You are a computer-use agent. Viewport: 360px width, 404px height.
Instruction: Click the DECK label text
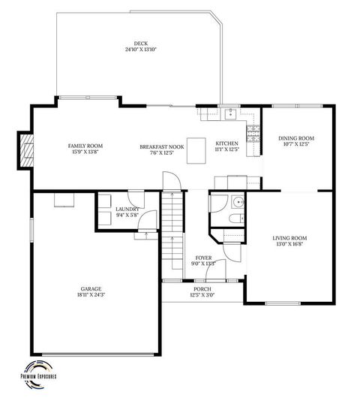click(140, 44)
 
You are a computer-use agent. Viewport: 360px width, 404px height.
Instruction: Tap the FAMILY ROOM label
click(85, 146)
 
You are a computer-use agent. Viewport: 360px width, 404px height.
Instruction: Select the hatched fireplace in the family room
click(27, 152)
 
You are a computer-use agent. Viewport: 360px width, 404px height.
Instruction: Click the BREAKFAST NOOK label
click(161, 146)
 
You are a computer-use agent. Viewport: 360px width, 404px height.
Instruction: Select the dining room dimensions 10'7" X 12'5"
click(295, 144)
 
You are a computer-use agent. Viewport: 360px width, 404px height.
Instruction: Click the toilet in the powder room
click(234, 219)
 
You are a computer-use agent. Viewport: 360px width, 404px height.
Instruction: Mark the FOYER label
click(204, 258)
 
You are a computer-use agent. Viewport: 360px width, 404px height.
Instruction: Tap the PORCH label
click(202, 288)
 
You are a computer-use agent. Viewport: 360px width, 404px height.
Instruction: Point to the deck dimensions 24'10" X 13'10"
click(140, 50)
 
